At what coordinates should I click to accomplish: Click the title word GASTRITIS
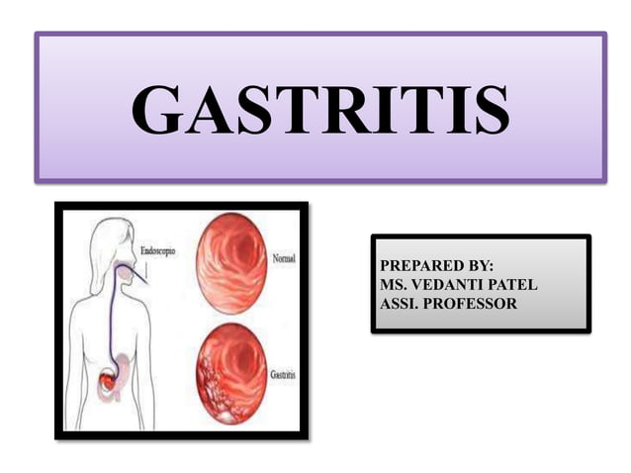tap(320, 110)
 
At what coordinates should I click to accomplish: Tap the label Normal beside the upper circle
tap(283, 258)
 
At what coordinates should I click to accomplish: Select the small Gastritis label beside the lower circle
tap(283, 377)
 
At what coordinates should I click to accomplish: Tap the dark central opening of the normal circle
tap(237, 259)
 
